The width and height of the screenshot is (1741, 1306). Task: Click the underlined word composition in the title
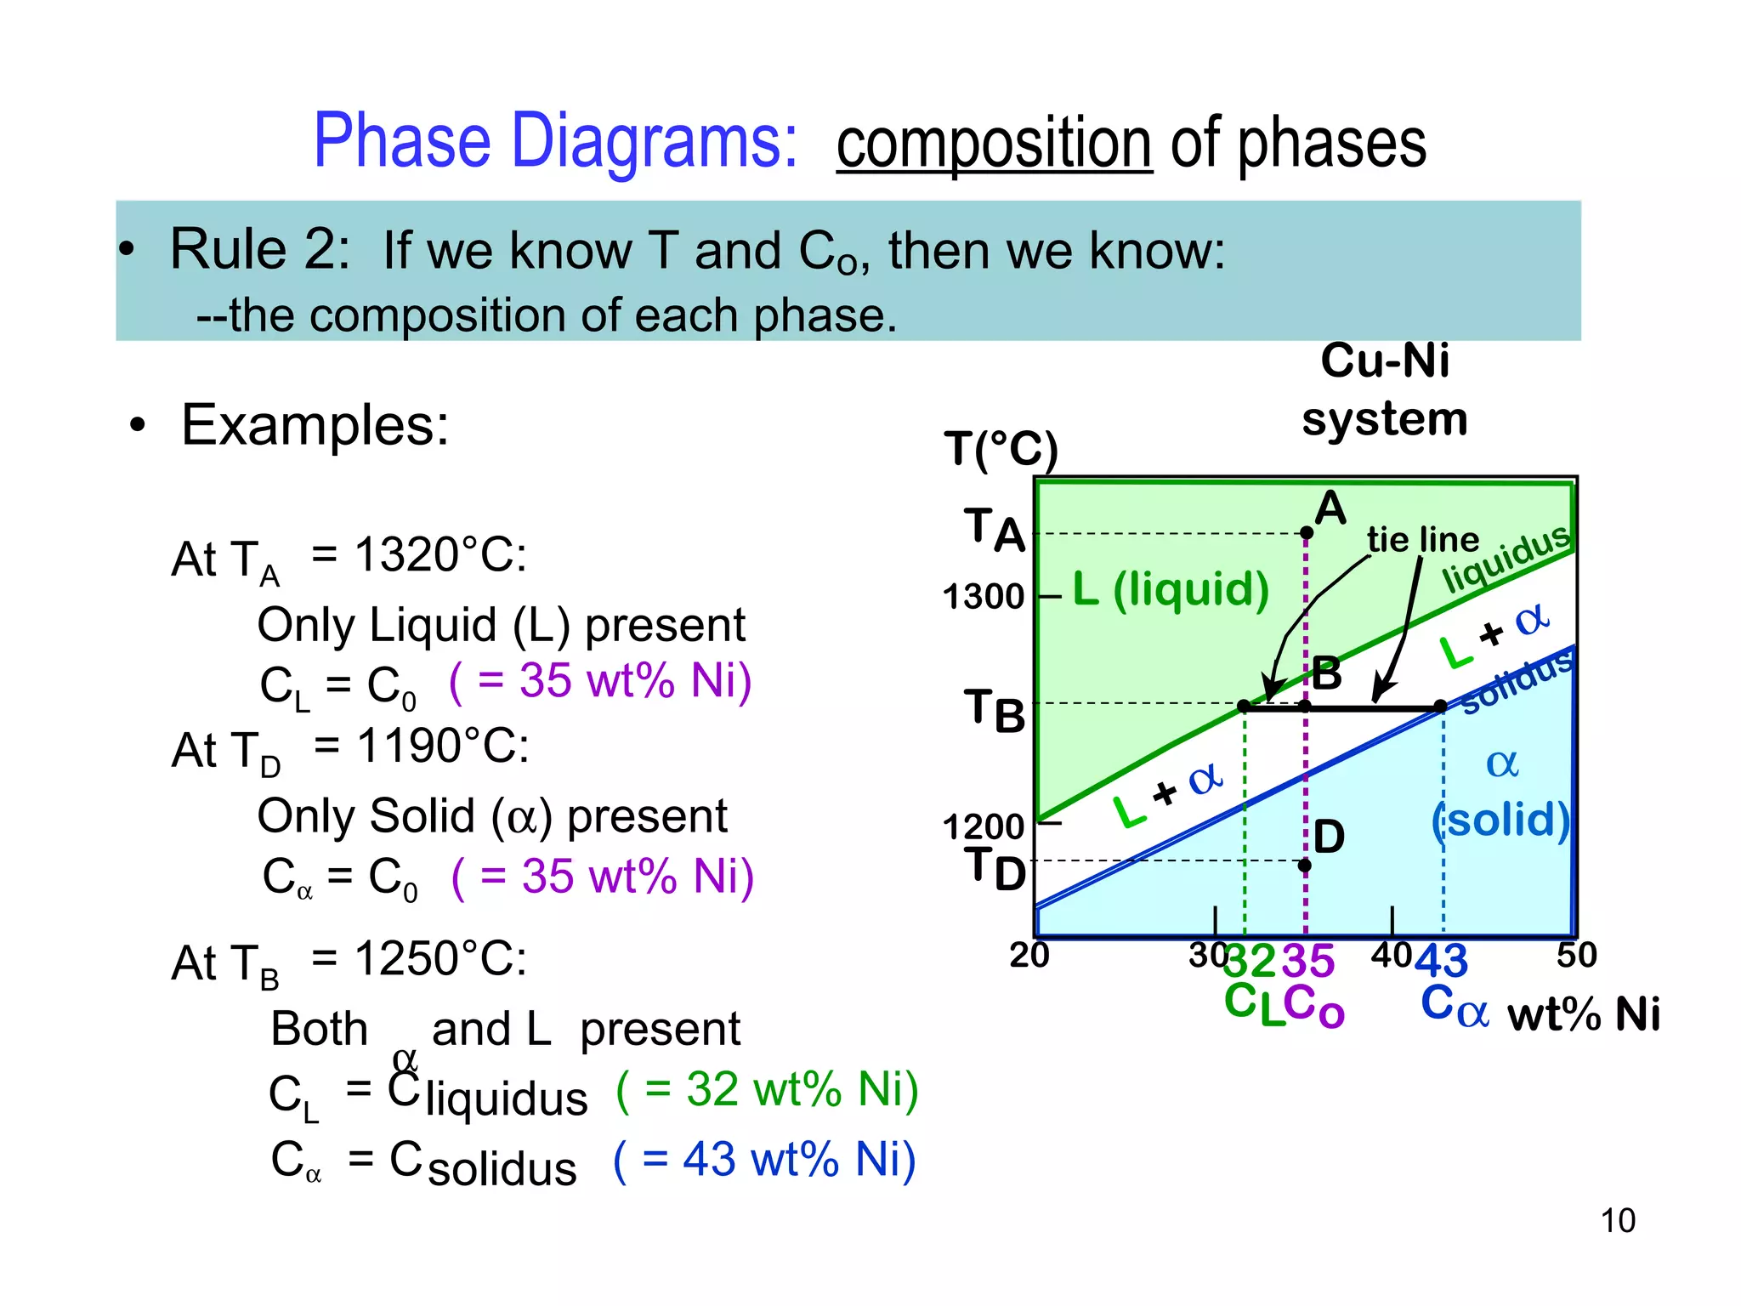point(994,145)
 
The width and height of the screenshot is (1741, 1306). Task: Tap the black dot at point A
point(1307,533)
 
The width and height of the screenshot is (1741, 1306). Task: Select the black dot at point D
point(1305,866)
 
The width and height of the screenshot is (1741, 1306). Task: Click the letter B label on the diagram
point(1326,673)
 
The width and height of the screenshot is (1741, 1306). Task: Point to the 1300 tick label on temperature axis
point(984,597)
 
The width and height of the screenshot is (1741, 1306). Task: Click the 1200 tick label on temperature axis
point(984,826)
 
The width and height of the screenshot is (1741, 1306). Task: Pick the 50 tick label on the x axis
point(1576,956)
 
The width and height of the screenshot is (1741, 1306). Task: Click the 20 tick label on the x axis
point(1029,956)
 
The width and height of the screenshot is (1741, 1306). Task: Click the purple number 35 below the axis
point(1308,962)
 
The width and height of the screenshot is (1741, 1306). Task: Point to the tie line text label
point(1422,540)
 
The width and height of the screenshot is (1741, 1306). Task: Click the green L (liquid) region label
point(1171,589)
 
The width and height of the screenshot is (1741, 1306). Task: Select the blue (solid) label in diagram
point(1500,820)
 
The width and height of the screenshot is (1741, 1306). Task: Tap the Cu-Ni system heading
point(1384,389)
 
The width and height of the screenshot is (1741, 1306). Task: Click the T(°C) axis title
point(1001,449)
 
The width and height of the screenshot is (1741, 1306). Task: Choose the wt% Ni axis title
point(1583,1014)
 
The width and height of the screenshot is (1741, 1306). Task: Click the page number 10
point(1617,1220)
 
